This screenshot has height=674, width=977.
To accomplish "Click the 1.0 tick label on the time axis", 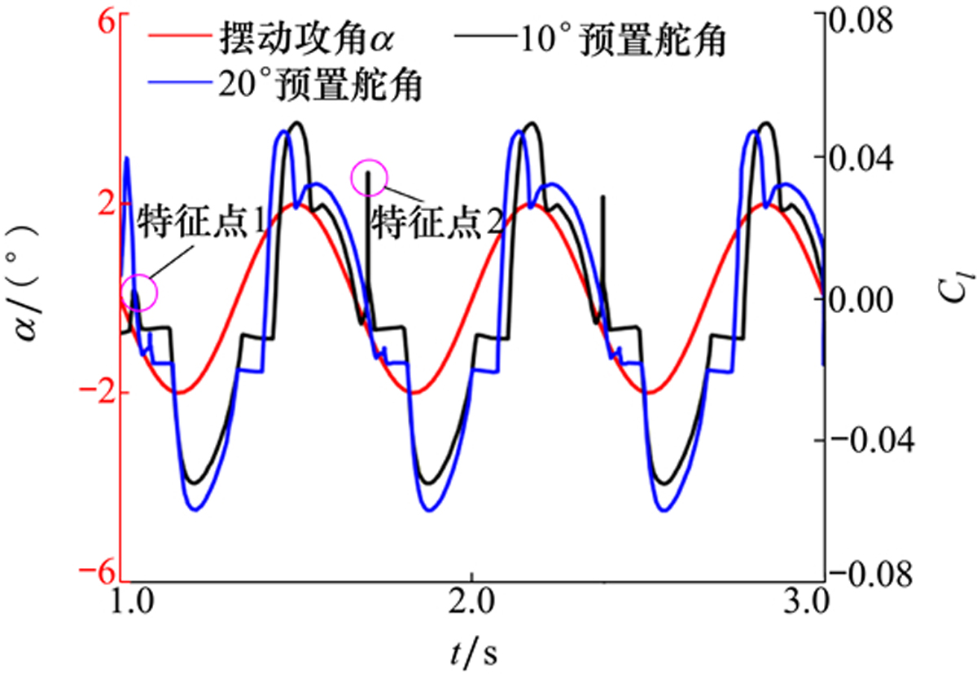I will pos(128,610).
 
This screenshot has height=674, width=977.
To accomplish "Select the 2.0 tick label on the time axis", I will pos(471,610).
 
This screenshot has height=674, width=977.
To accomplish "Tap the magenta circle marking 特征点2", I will pos(370,178).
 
